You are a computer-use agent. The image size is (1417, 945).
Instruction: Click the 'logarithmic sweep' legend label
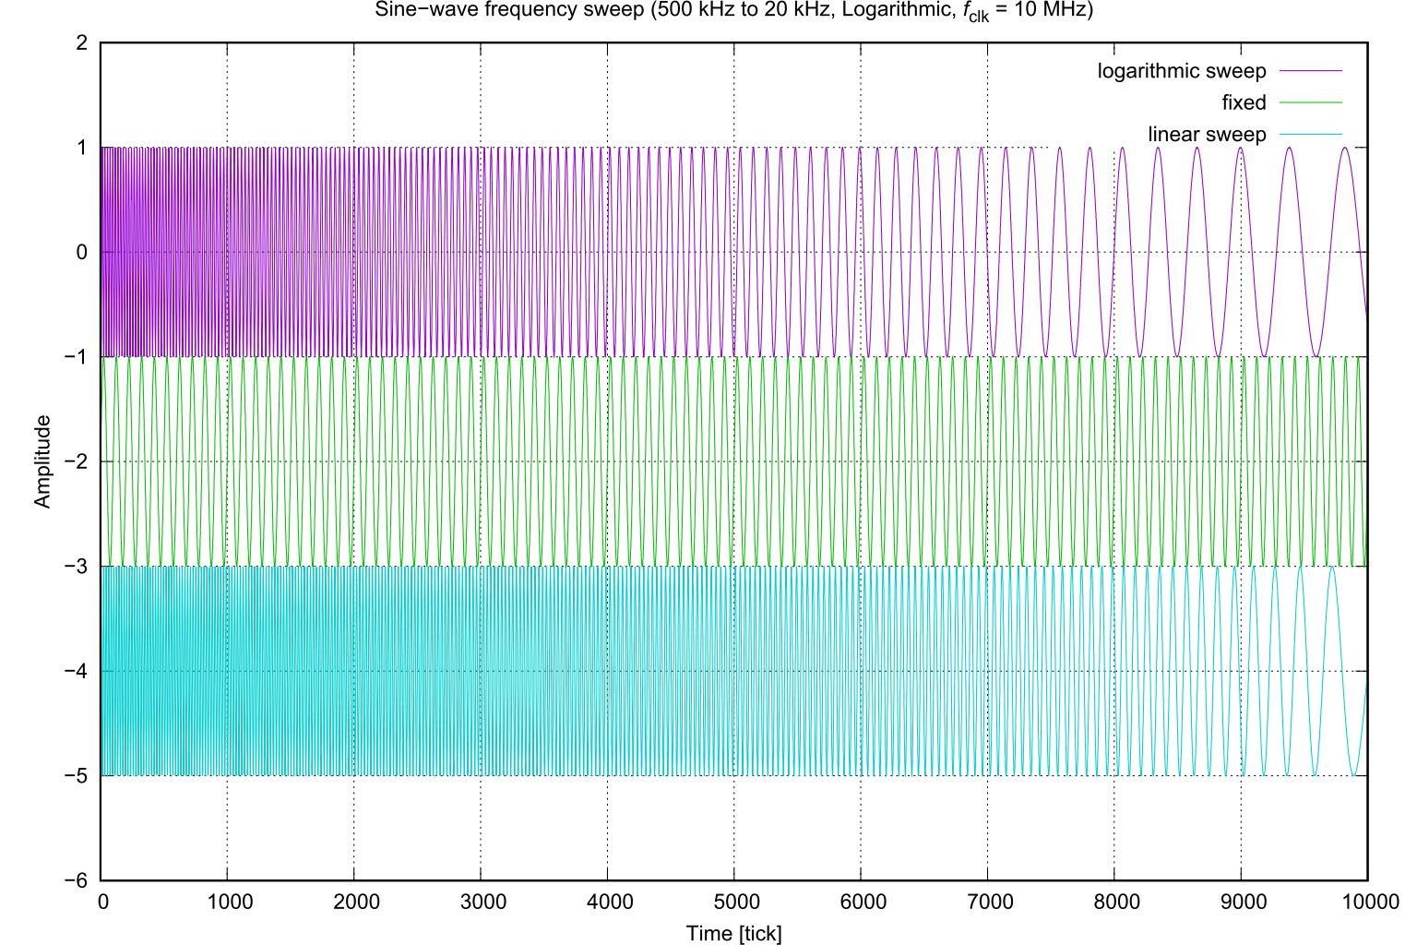point(1181,71)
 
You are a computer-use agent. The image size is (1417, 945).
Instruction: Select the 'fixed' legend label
point(1244,102)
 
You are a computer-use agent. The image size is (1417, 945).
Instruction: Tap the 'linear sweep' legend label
point(1207,134)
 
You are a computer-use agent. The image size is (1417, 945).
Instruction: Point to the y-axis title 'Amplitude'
point(42,461)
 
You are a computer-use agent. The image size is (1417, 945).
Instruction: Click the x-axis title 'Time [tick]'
point(733,933)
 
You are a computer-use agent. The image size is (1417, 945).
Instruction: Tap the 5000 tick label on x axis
point(733,902)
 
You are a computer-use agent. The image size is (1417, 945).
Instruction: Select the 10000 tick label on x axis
point(1367,902)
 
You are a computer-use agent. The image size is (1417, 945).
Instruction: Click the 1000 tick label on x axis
point(227,902)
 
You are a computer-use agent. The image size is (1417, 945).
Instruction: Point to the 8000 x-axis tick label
point(1113,902)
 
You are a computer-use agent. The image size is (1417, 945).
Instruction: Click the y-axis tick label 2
point(81,43)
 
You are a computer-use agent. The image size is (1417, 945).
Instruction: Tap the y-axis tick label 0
point(81,252)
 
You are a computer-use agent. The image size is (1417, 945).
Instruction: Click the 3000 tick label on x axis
point(481,902)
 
